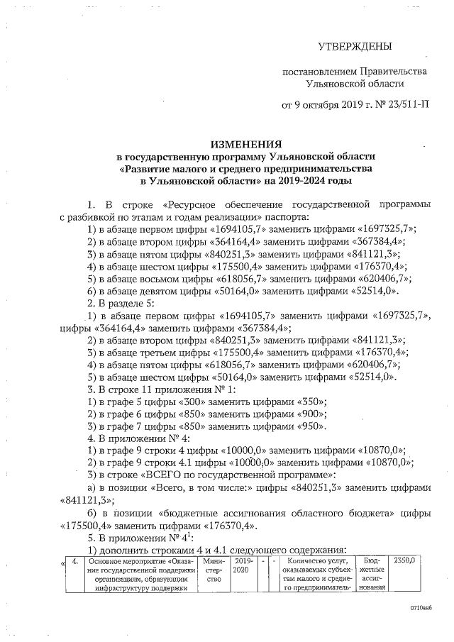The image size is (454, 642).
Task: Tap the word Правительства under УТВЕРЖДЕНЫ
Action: click(390, 72)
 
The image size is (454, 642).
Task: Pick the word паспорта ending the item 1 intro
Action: click(281, 216)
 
